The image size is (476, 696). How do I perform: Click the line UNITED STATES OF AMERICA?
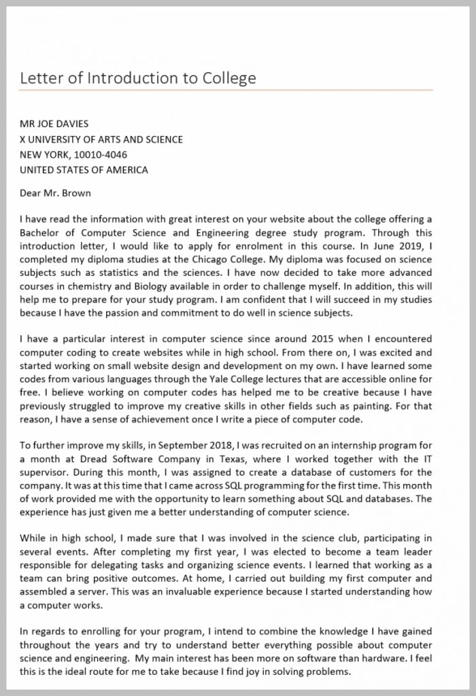point(84,169)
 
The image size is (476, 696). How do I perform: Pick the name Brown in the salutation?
point(76,192)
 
